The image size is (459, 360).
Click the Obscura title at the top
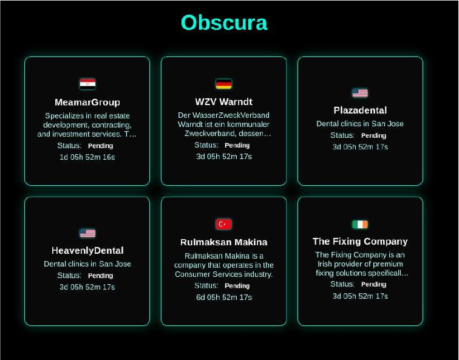pyautogui.click(x=224, y=22)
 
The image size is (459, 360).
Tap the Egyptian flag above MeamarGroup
pyautogui.click(x=87, y=84)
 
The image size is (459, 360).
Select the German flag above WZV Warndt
pyautogui.click(x=223, y=84)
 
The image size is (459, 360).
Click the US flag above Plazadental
pyautogui.click(x=360, y=93)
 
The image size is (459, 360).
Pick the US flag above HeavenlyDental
pyautogui.click(x=87, y=233)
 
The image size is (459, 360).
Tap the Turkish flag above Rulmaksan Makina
pyautogui.click(x=223, y=224)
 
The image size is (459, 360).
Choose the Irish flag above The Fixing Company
pyautogui.click(x=360, y=225)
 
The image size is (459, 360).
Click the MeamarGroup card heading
pyautogui.click(x=87, y=102)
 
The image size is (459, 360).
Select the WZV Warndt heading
pyautogui.click(x=223, y=101)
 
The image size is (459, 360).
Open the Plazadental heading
pyautogui.click(x=360, y=110)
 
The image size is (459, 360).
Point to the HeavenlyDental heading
pyautogui.click(x=87, y=251)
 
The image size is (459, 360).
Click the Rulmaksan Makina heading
pyautogui.click(x=223, y=242)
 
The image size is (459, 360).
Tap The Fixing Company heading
pyautogui.click(x=360, y=242)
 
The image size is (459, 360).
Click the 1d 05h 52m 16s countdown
pyautogui.click(x=87, y=157)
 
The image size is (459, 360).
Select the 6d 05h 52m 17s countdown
pyautogui.click(x=224, y=297)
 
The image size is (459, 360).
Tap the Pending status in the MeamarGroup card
pyautogui.click(x=100, y=146)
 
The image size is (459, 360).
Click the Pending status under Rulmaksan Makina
pyautogui.click(x=237, y=286)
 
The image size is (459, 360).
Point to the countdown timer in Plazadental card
pyautogui.click(x=360, y=147)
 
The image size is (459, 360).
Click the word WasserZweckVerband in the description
pyautogui.click(x=231, y=115)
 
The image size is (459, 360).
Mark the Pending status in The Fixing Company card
pyautogui.click(x=373, y=285)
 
